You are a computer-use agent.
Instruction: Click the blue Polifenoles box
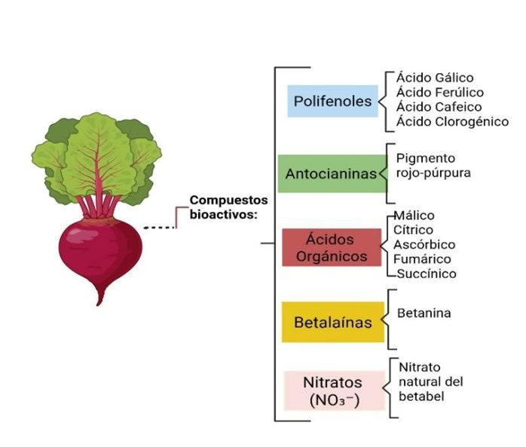point(332,101)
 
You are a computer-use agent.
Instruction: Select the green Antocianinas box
point(332,173)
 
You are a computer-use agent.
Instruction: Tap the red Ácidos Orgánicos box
point(332,247)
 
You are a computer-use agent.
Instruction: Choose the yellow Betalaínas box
point(333,322)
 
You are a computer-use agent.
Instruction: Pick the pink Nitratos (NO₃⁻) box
point(334,390)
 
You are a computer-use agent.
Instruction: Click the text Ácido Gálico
point(435,77)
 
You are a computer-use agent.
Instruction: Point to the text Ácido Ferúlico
point(440,92)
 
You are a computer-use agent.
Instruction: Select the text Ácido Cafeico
point(439,107)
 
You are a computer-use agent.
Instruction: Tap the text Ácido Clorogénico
point(453,121)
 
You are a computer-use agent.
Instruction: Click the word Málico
point(414,215)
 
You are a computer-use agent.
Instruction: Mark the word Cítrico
point(413,230)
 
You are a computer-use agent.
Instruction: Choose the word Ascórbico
point(424,244)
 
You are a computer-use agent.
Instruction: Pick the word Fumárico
point(422,259)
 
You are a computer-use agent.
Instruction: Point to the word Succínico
point(427,274)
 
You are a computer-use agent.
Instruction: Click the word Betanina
point(424,313)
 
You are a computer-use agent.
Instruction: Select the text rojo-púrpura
point(433,173)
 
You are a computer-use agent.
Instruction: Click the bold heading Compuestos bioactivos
point(229,207)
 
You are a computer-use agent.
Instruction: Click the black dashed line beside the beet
point(159,228)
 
